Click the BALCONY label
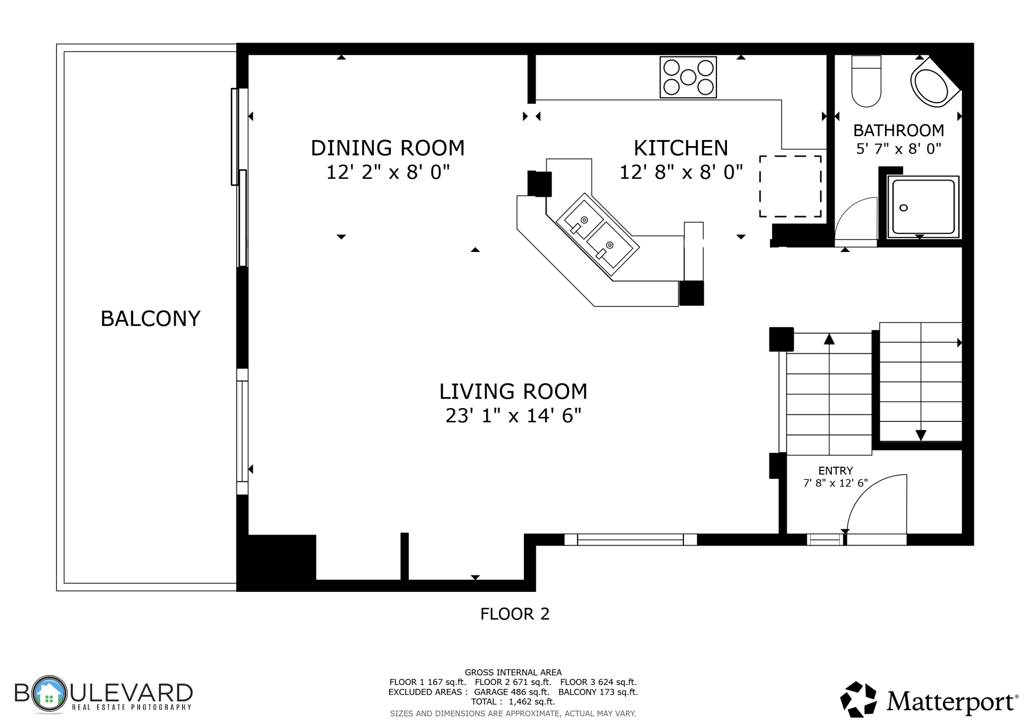point(151,318)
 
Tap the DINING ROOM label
point(388,148)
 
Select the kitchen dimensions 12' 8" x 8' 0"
point(681,172)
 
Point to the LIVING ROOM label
point(514,391)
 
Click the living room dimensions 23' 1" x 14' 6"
point(514,416)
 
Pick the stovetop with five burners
point(688,77)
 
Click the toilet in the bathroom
point(866,81)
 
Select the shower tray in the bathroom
point(923,207)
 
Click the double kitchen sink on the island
point(598,234)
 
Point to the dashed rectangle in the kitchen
point(790,186)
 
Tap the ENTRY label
point(835,470)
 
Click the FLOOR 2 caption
point(515,614)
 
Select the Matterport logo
point(929,700)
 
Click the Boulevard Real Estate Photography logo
point(103,694)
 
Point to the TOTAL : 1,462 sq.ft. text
point(513,702)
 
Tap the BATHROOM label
point(898,131)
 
